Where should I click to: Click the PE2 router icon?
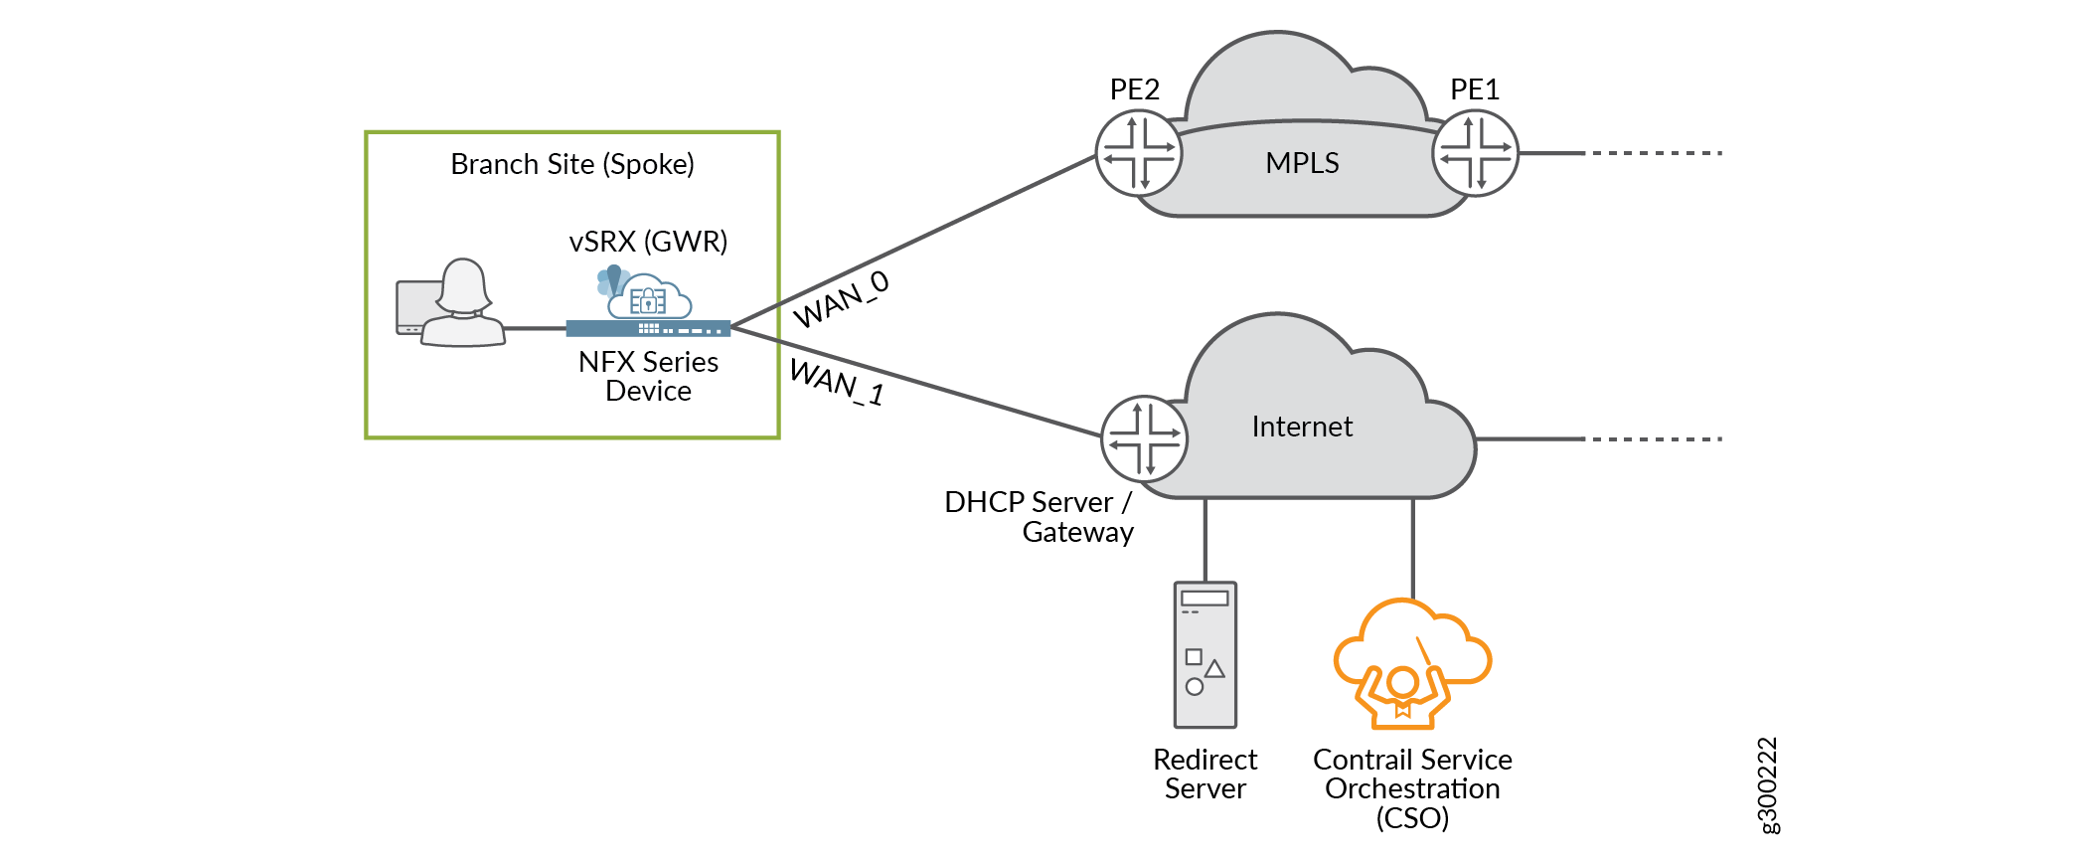click(1139, 153)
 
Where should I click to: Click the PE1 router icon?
click(1475, 153)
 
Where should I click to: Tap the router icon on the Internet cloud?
click(1145, 438)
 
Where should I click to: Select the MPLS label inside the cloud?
click(1302, 163)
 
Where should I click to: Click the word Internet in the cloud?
click(1302, 427)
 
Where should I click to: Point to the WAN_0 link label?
click(841, 299)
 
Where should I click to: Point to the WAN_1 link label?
click(837, 382)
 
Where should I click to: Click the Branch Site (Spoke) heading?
click(572, 164)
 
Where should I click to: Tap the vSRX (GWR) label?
click(648, 242)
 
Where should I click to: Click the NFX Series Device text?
click(648, 376)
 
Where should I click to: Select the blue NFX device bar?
click(648, 328)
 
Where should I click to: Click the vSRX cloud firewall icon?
click(646, 293)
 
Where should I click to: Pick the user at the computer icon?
click(452, 303)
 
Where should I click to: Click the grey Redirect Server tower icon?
click(1205, 654)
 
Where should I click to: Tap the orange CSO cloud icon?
click(1411, 662)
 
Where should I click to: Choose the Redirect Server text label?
click(1205, 774)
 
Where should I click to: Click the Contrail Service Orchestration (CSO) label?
click(1412, 788)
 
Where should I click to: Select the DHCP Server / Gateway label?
click(1039, 517)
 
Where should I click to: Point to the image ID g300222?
click(1768, 785)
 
